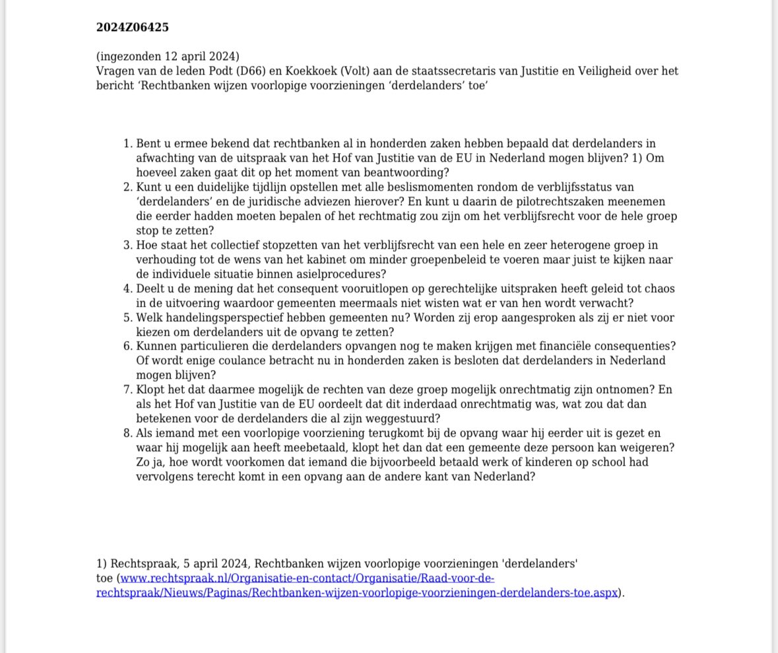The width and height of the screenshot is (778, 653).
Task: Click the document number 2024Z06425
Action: [132, 27]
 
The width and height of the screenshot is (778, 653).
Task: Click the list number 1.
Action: [127, 144]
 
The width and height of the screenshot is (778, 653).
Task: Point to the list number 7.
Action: [127, 390]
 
